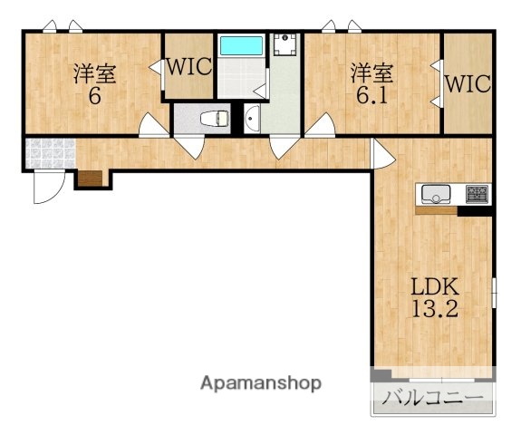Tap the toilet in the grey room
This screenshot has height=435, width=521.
click(x=215, y=119)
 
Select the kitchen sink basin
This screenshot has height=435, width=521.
click(x=436, y=194)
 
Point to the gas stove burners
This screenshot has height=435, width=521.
click(x=478, y=194)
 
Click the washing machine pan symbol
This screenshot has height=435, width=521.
click(x=285, y=44)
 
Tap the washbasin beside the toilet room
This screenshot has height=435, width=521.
click(x=252, y=119)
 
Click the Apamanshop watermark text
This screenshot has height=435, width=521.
click(x=261, y=383)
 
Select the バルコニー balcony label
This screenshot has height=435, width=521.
click(x=432, y=398)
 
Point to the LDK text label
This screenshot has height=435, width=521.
click(x=435, y=287)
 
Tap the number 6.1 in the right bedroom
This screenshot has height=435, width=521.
click(x=371, y=96)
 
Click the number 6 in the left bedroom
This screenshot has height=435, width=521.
click(x=95, y=96)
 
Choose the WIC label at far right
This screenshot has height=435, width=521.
click(x=468, y=83)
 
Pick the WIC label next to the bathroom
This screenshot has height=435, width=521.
click(x=189, y=66)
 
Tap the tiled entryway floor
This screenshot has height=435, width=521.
click(x=51, y=153)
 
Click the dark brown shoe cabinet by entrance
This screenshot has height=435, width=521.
click(x=91, y=179)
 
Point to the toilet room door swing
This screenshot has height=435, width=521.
click(x=189, y=148)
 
